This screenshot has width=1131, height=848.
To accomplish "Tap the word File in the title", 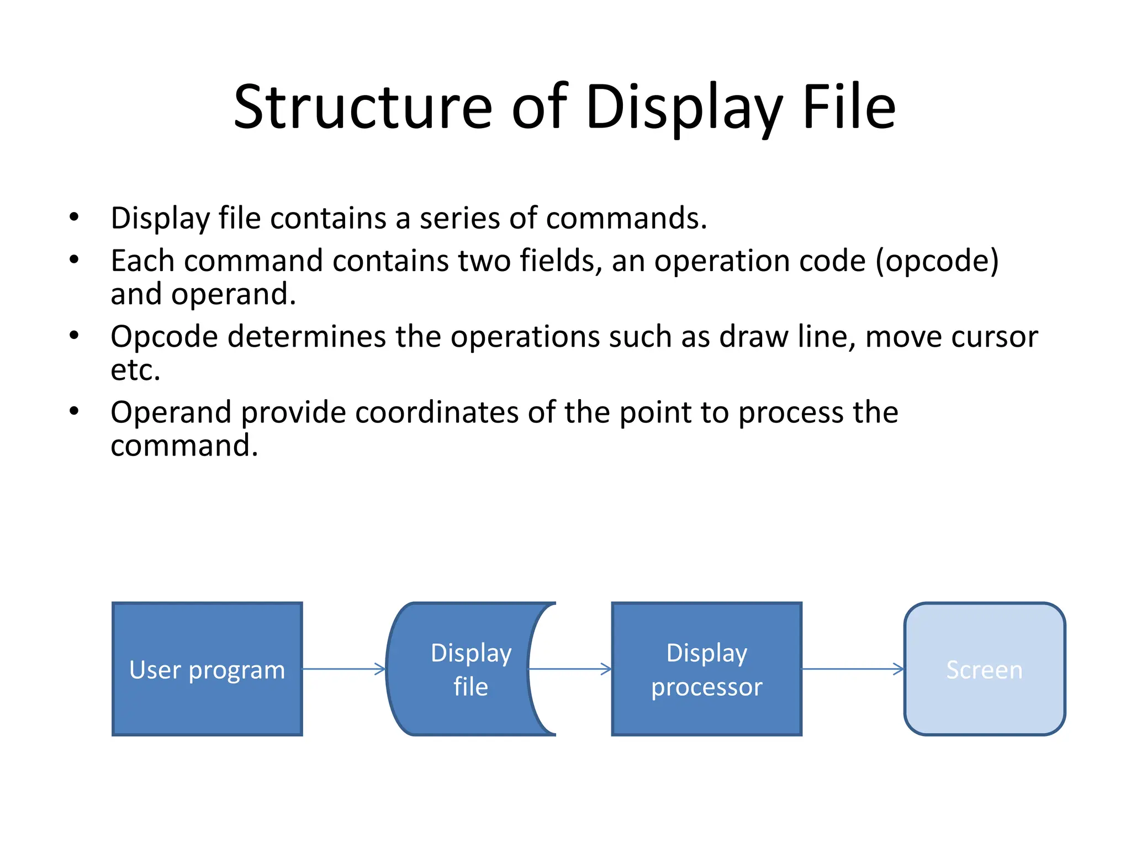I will pos(849,108).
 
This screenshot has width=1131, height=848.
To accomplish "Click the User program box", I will pos(207,669).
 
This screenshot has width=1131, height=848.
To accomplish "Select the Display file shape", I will pos(464,669).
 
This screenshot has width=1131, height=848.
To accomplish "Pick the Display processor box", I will pos(706,669).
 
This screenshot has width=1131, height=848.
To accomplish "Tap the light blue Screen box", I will pos(984,669).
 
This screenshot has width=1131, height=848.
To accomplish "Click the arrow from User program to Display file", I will pos(343,669).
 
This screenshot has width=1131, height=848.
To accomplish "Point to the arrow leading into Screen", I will pos(852,669).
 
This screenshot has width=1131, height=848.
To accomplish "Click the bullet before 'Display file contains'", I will pos(74,217).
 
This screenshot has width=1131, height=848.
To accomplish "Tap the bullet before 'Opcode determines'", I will pos(74,336).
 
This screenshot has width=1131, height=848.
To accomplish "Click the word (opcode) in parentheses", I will pos(937,261).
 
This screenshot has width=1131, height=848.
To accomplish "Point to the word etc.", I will pos(135,370).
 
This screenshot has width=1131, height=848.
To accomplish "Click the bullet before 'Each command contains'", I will pos(74,259).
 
